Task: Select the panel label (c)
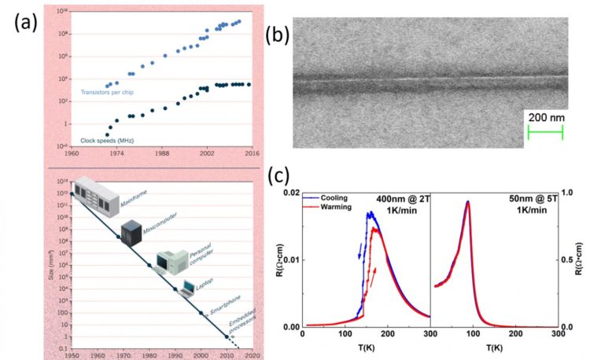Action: tap(281, 175)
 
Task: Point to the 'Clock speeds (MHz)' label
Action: tap(108, 139)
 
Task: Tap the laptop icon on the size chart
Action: tap(189, 288)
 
